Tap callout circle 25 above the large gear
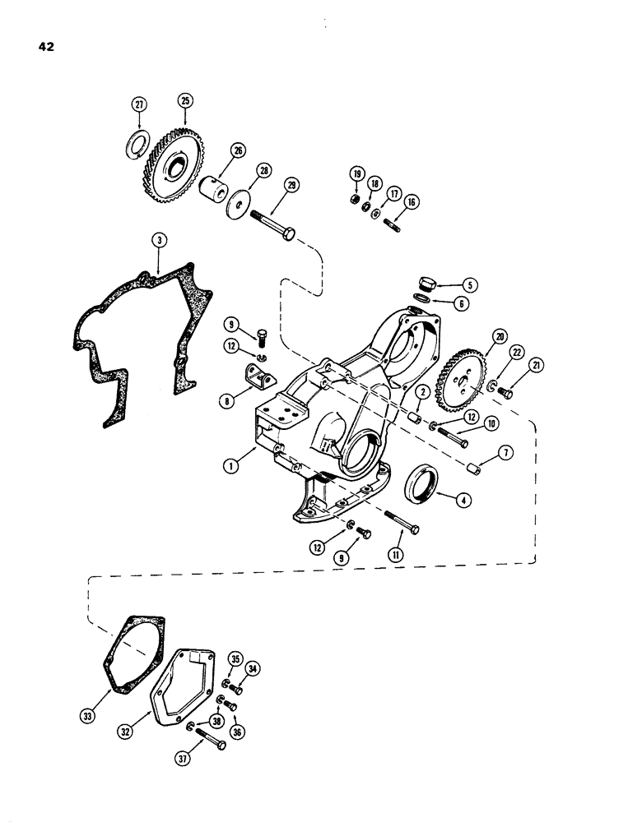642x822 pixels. [x=185, y=100]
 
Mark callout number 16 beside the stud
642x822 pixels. [x=412, y=201]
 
